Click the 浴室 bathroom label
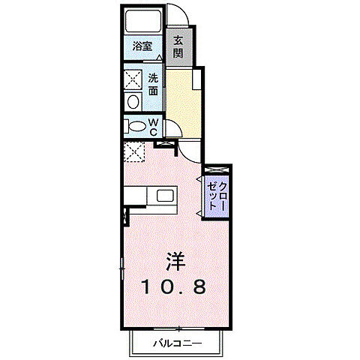142,46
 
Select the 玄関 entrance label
179,46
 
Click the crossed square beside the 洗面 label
133,79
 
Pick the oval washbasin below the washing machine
133,101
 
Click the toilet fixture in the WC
136,127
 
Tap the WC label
153,127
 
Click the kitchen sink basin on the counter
163,196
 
